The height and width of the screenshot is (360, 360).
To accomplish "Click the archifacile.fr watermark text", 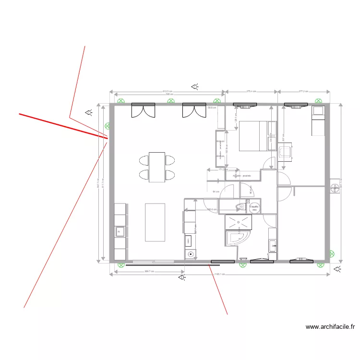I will (330, 327).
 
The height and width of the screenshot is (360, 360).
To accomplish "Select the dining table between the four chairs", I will (157, 167).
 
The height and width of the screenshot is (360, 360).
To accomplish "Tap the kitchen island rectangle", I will (155, 223).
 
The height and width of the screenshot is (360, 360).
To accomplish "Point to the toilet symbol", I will (238, 207).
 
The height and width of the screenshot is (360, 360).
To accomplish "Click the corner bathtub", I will (237, 237).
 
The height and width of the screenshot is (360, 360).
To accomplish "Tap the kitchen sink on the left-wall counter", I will (119, 232).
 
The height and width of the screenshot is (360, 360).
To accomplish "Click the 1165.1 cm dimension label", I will (219, 275).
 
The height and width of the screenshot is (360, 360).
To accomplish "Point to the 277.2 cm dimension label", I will (303, 91).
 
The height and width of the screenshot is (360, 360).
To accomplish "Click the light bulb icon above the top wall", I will (195, 87).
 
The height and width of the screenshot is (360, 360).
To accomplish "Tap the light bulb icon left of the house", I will (89, 112).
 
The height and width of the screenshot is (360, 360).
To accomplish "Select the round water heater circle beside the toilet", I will (254, 207).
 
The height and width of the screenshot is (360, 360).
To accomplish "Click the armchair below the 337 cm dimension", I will (286, 152).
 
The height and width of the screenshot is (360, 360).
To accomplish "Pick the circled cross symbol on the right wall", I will (334, 187).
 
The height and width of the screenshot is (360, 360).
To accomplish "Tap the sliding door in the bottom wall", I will (153, 262).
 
